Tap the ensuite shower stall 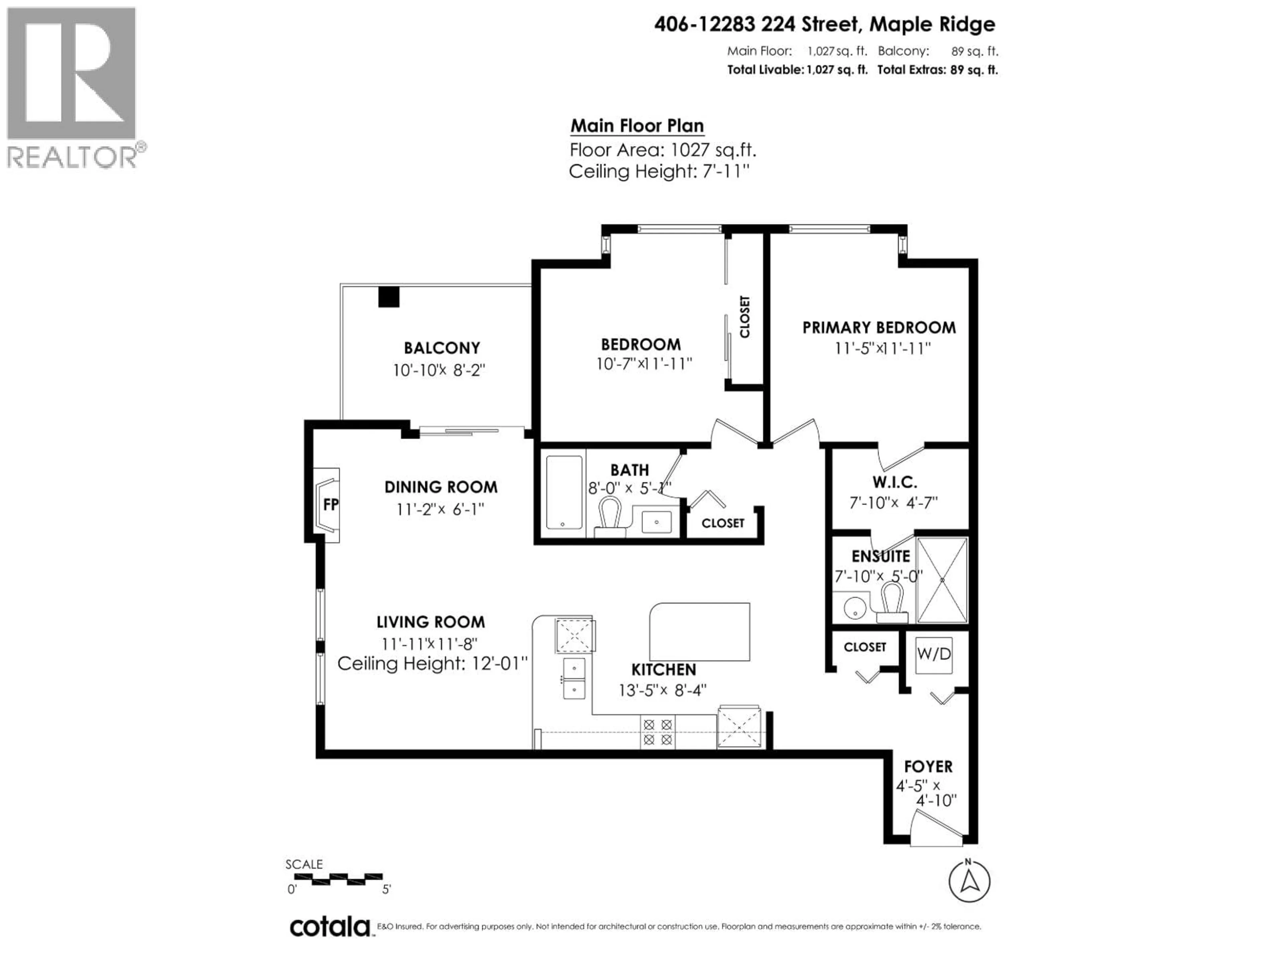(942, 580)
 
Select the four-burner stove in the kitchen (658, 732)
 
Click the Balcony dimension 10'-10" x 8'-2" (439, 370)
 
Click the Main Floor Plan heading (637, 126)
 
